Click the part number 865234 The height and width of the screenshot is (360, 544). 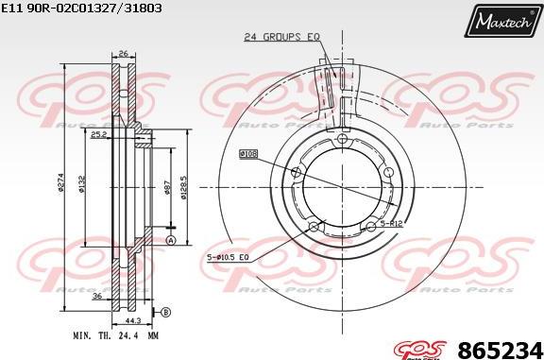pyautogui.click(x=501, y=347)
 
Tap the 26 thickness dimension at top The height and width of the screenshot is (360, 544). pyautogui.click(x=124, y=53)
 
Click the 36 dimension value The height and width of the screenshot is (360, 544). pyautogui.click(x=97, y=296)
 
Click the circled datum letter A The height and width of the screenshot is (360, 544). pyautogui.click(x=171, y=242)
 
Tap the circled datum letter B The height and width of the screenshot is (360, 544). pyautogui.click(x=165, y=312)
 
